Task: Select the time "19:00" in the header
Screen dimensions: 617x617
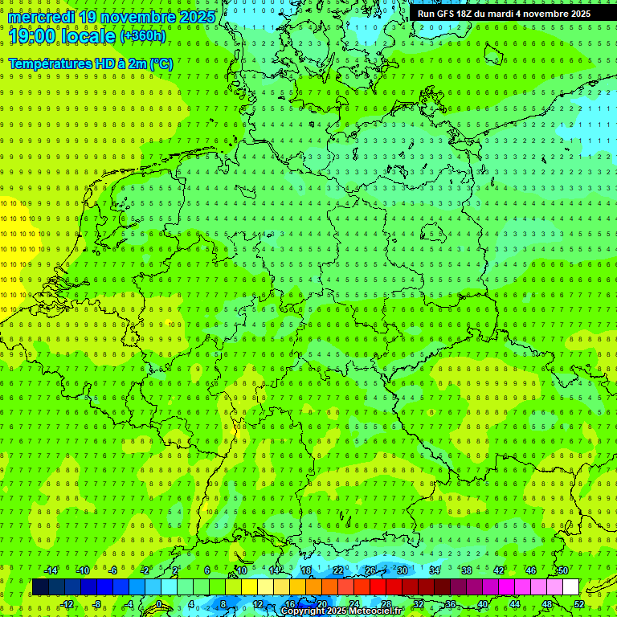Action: point(31,36)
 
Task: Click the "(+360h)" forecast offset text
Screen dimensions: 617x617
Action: point(143,36)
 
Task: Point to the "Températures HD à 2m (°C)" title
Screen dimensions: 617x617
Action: point(90,63)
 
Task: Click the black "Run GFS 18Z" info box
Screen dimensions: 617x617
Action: point(504,14)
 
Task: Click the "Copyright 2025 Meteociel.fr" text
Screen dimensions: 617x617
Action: point(341,611)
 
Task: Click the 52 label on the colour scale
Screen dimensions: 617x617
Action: point(579,604)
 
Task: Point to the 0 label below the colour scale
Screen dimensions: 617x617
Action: point(158,604)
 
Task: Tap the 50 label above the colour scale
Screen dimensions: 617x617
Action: point(563,570)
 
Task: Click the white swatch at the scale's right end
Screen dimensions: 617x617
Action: point(571,587)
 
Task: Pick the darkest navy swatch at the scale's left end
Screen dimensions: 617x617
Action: point(40,587)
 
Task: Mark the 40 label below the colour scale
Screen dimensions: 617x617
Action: point(483,604)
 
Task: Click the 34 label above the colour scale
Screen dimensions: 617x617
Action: point(435,570)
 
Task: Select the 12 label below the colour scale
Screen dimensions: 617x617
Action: point(258,604)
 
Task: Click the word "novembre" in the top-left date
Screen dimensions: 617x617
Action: point(133,17)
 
